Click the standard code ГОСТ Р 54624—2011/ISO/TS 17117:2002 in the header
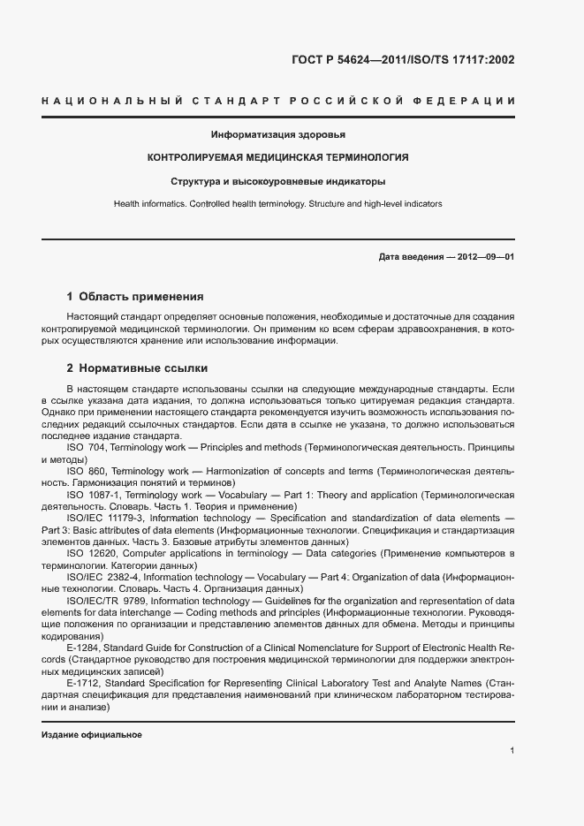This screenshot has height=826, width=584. pyautogui.click(x=402, y=61)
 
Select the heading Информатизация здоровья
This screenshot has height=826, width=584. pyautogui.click(x=277, y=135)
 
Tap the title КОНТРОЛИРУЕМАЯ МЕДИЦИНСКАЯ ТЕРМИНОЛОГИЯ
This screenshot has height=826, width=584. pyautogui.click(x=277, y=158)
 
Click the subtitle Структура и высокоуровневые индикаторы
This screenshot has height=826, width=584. pyautogui.click(x=277, y=182)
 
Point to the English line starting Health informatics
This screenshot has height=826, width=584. pyautogui.click(x=277, y=204)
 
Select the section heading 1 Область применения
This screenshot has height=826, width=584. pyautogui.click(x=135, y=297)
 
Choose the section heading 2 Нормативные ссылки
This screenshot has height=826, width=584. pyautogui.click(x=137, y=368)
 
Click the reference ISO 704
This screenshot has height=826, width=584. pyautogui.click(x=87, y=449)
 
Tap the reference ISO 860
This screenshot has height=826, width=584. pyautogui.click(x=87, y=472)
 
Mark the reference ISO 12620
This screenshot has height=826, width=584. pyautogui.click(x=90, y=552)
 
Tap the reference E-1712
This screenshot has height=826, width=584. pyautogui.click(x=82, y=684)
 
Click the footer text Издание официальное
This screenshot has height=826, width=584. pyautogui.click(x=91, y=735)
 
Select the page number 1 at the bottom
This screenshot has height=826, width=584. pyautogui.click(x=512, y=751)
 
